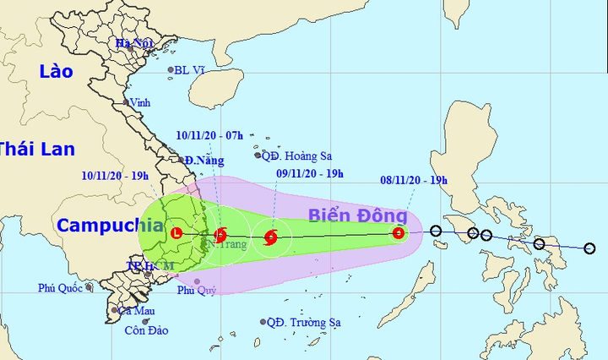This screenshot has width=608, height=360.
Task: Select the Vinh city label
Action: click(x=140, y=103)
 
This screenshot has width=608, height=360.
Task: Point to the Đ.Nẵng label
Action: click(x=203, y=160)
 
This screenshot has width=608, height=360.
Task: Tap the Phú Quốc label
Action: click(x=60, y=288)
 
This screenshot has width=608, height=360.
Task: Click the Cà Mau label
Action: click(x=135, y=310)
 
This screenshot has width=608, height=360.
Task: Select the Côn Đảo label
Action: click(x=146, y=330)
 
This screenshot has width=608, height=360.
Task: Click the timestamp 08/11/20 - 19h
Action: click(x=413, y=180)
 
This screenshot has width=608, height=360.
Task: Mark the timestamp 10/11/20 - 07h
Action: click(x=209, y=134)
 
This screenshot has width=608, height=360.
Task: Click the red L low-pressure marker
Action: click(x=176, y=233)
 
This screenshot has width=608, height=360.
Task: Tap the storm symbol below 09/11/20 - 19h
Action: click(x=271, y=237)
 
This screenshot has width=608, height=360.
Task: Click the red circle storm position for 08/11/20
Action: click(x=399, y=232)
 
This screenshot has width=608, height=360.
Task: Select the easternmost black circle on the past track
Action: click(x=589, y=248)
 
